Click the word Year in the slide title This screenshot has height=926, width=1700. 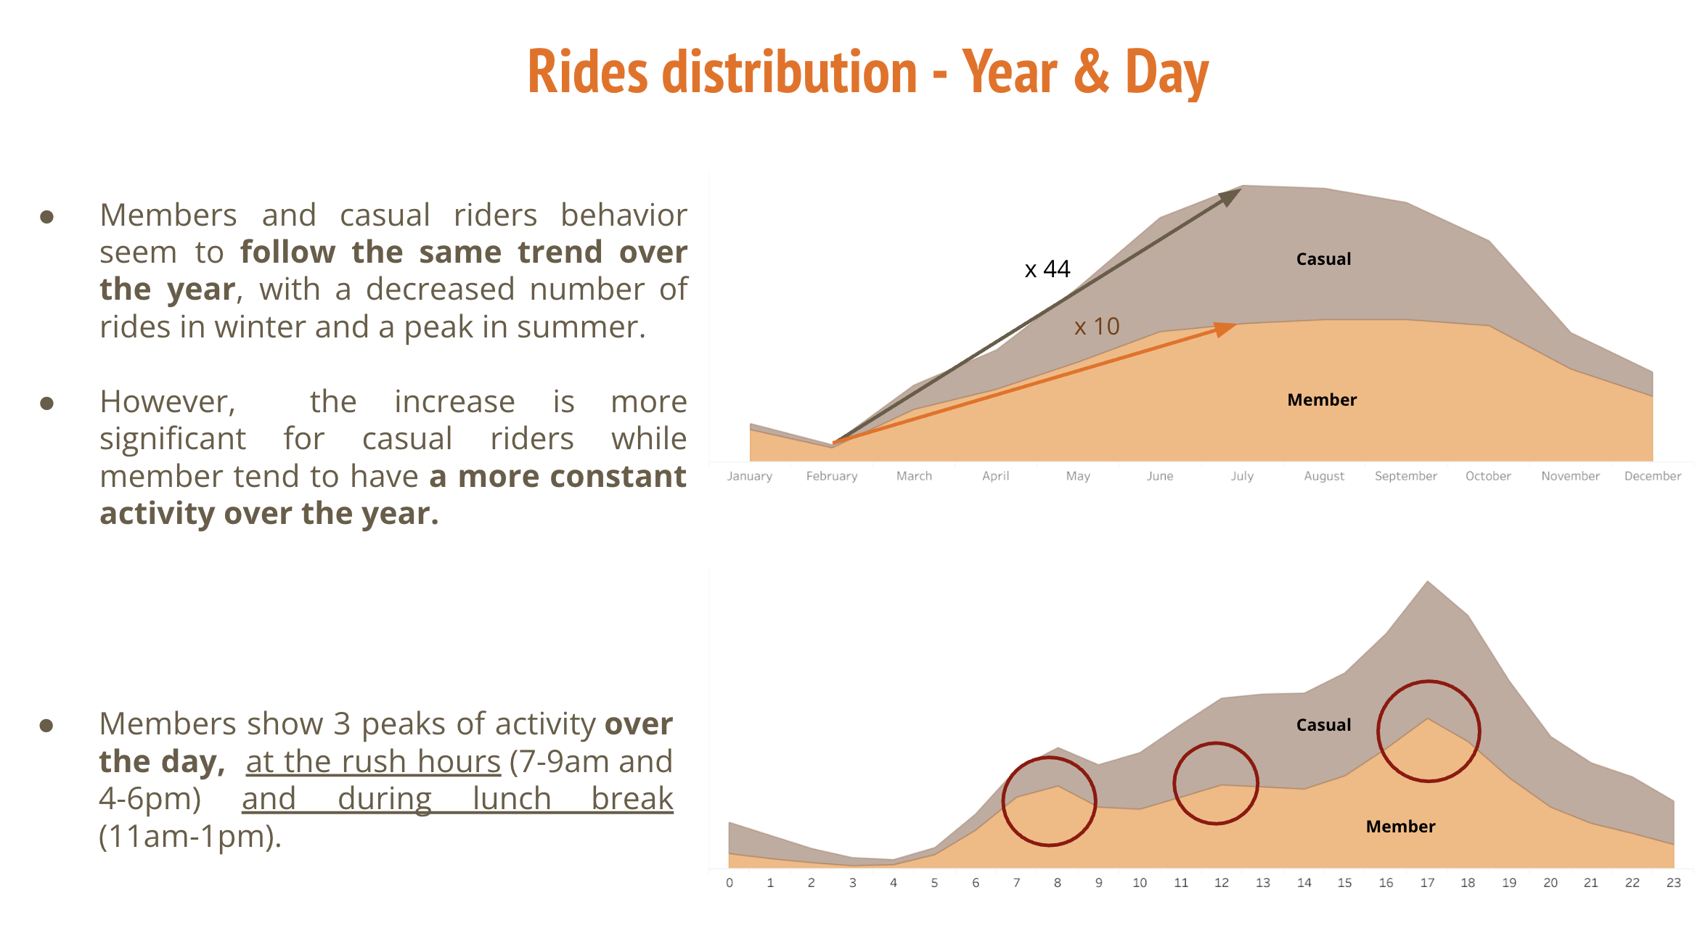pyautogui.click(x=1010, y=73)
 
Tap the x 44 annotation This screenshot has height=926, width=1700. pyautogui.click(x=1047, y=269)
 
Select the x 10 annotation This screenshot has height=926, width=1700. pyautogui.click(x=1097, y=327)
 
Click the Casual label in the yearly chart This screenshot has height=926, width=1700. pyautogui.click(x=1323, y=259)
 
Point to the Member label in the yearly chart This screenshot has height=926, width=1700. pyautogui.click(x=1321, y=400)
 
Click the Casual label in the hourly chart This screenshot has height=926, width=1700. pyautogui.click(x=1323, y=725)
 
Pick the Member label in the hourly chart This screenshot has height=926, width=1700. pyautogui.click(x=1400, y=827)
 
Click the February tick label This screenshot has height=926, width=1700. pyautogui.click(x=832, y=476)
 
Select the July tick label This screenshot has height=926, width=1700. pyautogui.click(x=1242, y=476)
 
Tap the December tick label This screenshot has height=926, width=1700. pyautogui.click(x=1652, y=476)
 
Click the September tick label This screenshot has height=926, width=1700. pyautogui.click(x=1405, y=476)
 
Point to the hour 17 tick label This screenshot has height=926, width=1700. pyautogui.click(x=1427, y=883)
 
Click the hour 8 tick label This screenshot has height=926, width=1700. pyautogui.click(x=1058, y=883)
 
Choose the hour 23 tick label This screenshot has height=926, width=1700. pyautogui.click(x=1673, y=883)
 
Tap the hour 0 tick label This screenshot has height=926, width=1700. pyautogui.click(x=730, y=883)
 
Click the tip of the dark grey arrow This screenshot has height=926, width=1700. pyautogui.click(x=1240, y=189)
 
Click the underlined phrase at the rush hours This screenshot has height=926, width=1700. pyautogui.click(x=373, y=762)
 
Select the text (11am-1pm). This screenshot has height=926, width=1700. pyautogui.click(x=190, y=837)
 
